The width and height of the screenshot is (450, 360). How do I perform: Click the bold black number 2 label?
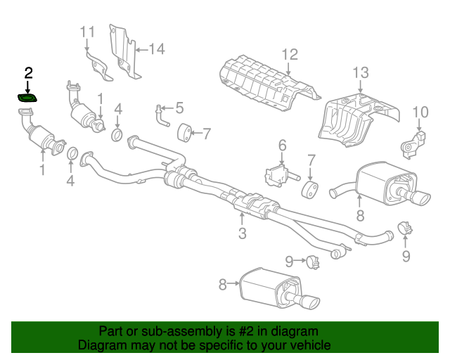click(x=28, y=72)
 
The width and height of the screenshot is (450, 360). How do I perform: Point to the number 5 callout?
click(x=179, y=108)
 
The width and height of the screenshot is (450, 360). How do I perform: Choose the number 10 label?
click(x=420, y=111)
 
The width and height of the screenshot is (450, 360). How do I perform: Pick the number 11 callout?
click(x=86, y=32)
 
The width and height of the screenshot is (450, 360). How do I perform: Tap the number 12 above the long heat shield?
click(x=290, y=54)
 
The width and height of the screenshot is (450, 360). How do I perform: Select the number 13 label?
click(x=360, y=72)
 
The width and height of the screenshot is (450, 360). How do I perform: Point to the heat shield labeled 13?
click(x=355, y=120)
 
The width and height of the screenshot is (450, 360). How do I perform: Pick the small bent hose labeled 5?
click(x=162, y=116)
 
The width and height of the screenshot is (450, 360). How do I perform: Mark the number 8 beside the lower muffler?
click(x=223, y=284)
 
